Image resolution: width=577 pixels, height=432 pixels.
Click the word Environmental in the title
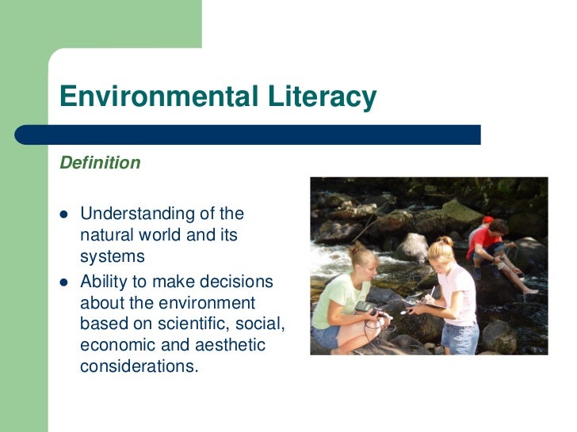pyautogui.click(x=156, y=97)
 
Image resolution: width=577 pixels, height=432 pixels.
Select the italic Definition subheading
pyautogui.click(x=100, y=163)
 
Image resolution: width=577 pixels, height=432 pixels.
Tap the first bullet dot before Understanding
pyautogui.click(x=65, y=214)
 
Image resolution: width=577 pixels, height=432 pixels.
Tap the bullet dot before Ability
pyautogui.click(x=65, y=282)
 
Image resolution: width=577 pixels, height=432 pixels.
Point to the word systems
pyautogui.click(x=113, y=256)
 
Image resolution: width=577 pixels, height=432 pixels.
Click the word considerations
pyautogui.click(x=138, y=367)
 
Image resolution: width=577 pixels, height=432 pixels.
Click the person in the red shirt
pyautogui.click(x=485, y=241)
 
